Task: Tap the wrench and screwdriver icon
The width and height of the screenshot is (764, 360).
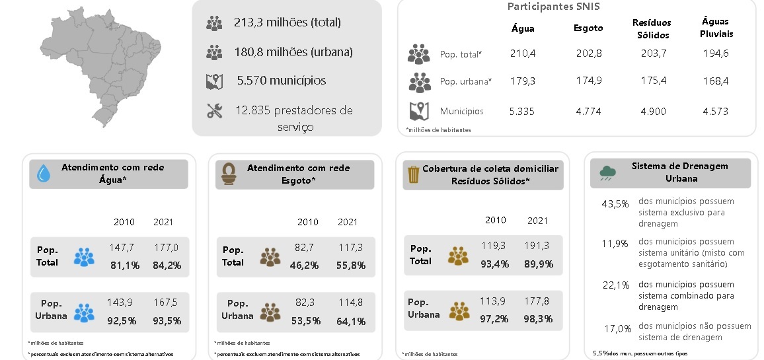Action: [214, 111]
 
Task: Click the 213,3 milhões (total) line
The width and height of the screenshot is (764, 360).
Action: [287, 22]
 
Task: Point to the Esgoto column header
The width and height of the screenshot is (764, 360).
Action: [588, 28]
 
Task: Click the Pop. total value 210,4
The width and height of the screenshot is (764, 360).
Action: [523, 54]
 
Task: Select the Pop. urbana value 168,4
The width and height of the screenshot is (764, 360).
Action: [716, 81]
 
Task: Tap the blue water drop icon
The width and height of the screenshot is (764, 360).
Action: [44, 174]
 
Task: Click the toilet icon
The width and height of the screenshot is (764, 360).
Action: [229, 175]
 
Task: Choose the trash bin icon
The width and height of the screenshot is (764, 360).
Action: [413, 174]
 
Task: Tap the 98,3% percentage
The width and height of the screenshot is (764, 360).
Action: [538, 319]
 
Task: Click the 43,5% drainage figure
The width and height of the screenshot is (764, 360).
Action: [615, 203]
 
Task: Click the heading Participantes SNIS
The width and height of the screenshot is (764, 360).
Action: [553, 7]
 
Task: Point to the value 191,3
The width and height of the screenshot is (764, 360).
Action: [538, 245]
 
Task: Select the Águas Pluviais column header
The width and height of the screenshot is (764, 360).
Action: [716, 28]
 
